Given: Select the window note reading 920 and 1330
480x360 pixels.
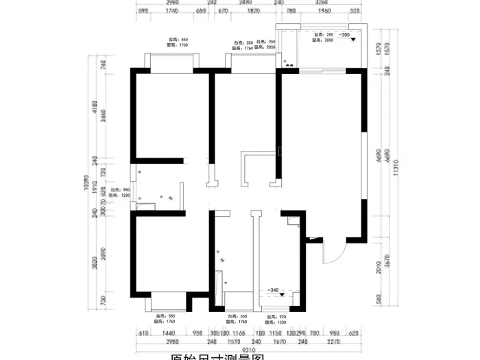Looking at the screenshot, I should tap(276, 318).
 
